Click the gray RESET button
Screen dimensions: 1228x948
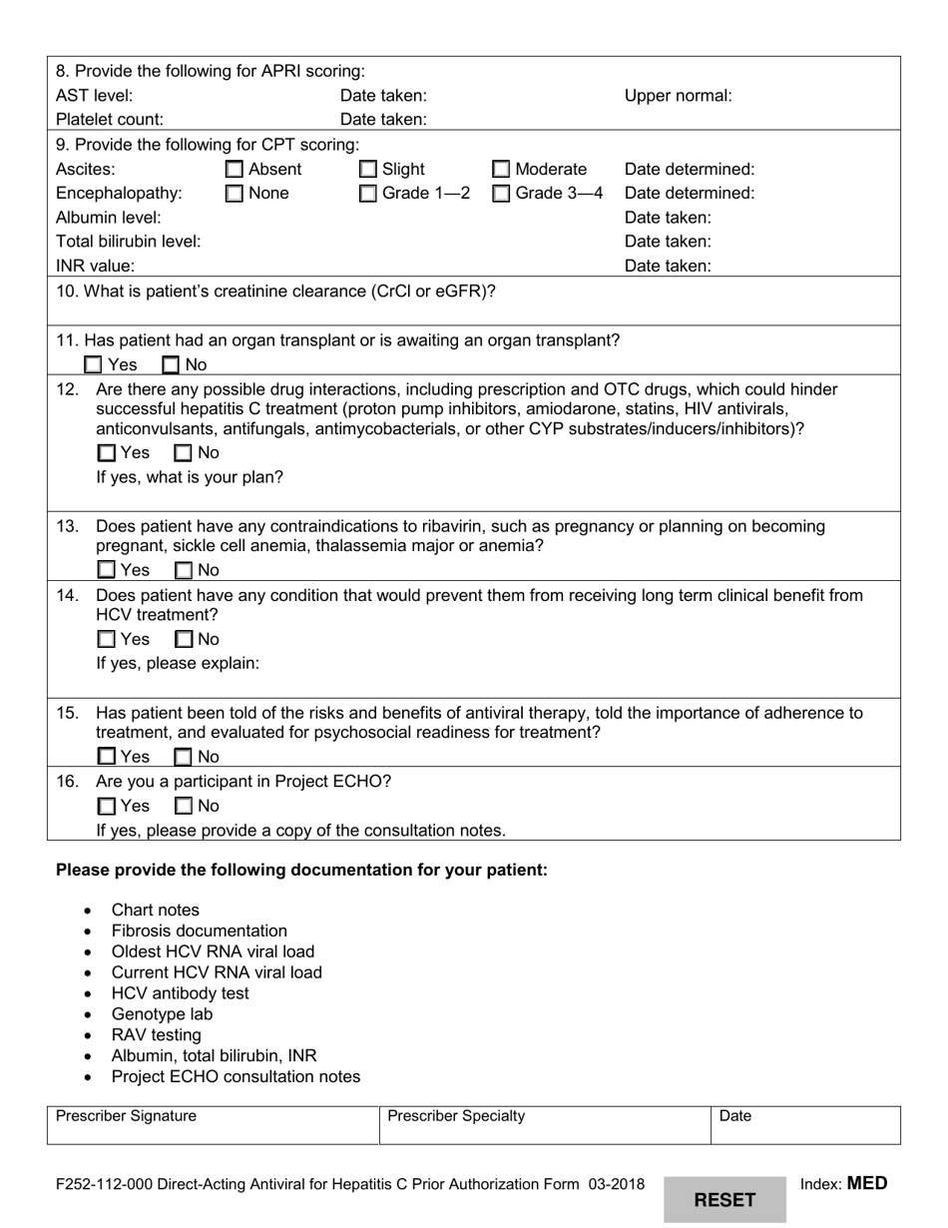[x=724, y=1199]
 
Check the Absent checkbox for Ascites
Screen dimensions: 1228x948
[x=235, y=170]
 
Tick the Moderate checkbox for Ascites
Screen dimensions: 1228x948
[x=502, y=170]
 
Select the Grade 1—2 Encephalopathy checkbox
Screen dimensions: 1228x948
[x=368, y=194]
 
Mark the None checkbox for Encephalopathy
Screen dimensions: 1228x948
[x=235, y=194]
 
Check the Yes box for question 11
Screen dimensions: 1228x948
[x=93, y=365]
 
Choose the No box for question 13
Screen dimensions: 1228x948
[x=185, y=571]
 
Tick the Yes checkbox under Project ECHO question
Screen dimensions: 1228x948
[x=106, y=806]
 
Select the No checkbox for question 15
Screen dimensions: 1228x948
[x=185, y=757]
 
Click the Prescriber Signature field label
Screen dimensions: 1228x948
[x=126, y=1116]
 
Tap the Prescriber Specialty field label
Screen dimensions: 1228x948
[x=456, y=1116]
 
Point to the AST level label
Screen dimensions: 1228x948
[x=94, y=96]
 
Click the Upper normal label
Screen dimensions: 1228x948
[x=678, y=96]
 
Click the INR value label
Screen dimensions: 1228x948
[x=96, y=266]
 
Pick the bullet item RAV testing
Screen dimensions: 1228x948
[x=156, y=1034]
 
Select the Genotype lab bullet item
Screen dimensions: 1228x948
[x=162, y=1013]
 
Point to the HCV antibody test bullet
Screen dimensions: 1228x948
[x=180, y=992]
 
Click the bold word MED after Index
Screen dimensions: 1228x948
[x=866, y=1184]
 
